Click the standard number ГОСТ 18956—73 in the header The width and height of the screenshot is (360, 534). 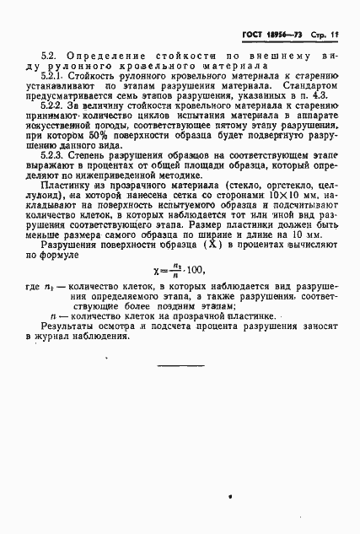(272, 30)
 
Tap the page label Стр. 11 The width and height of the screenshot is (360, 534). (326, 30)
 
